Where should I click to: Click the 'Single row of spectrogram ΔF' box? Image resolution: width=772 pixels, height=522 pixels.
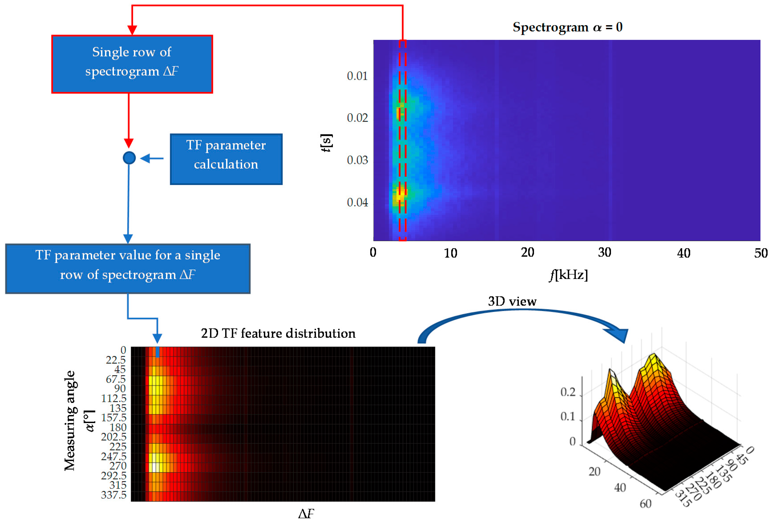click(132, 64)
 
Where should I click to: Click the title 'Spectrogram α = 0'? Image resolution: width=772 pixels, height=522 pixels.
click(567, 27)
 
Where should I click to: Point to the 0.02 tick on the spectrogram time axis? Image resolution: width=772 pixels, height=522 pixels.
click(357, 118)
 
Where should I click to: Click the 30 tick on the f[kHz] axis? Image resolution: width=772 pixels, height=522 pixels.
click(604, 253)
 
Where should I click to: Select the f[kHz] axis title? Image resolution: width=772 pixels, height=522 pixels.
click(568, 275)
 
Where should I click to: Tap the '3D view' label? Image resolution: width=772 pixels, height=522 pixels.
click(512, 301)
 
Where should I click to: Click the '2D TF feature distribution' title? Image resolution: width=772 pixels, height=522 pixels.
click(278, 333)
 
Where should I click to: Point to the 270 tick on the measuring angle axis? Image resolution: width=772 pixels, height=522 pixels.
click(118, 466)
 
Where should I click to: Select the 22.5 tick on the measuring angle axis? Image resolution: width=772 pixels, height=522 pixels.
click(116, 360)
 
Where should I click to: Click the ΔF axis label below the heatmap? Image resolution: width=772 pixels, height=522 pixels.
click(306, 514)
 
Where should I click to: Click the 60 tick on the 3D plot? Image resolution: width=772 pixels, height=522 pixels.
click(645, 504)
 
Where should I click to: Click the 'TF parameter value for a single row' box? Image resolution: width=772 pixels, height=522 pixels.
click(128, 269)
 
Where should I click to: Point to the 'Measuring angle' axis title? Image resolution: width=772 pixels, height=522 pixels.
click(70, 421)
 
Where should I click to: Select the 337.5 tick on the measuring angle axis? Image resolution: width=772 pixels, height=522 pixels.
click(114, 495)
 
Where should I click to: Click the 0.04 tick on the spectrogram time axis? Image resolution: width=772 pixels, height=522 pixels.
click(357, 202)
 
